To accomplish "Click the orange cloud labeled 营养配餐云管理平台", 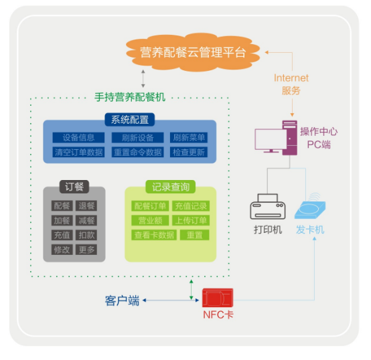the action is (193, 52).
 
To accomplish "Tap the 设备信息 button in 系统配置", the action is (78, 138).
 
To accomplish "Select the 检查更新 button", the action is (189, 152).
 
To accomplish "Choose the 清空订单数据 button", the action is (78, 152).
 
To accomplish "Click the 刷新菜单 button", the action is (189, 138).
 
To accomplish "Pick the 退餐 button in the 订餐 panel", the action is (86, 205).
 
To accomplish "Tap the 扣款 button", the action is (86, 235).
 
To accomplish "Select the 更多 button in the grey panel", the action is (86, 250).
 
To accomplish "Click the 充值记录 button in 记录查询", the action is (191, 206).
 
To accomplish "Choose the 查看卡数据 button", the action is (154, 235).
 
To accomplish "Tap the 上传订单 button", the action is (191, 220).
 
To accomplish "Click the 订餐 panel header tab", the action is (74, 187).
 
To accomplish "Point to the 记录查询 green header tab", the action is (171, 187).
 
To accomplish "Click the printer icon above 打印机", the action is (268, 207).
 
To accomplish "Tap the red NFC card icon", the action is (218, 298).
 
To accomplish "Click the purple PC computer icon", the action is (276, 138).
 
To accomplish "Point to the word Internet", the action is (291, 78).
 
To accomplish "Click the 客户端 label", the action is (122, 300).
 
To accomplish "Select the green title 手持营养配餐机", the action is (130, 97).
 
